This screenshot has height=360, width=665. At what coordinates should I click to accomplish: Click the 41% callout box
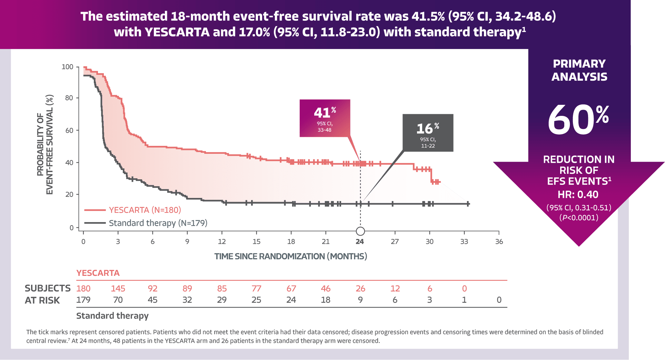(x=325, y=118)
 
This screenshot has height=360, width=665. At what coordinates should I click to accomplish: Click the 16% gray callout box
(x=428, y=132)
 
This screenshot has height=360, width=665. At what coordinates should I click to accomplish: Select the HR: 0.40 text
(x=578, y=194)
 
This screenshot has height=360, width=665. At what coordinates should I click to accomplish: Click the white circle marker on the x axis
(x=360, y=231)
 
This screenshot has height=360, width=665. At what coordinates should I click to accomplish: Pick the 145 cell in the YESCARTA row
(x=118, y=289)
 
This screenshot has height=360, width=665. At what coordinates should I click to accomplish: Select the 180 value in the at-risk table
(x=83, y=289)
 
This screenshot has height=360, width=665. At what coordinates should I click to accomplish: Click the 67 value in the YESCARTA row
(x=291, y=289)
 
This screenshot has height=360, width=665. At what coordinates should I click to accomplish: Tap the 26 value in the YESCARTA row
(x=360, y=289)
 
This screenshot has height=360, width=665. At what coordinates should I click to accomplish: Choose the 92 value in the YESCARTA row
(x=152, y=289)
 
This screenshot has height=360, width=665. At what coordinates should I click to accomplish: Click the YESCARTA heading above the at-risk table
(x=98, y=273)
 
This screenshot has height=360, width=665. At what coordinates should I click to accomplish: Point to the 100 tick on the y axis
(x=67, y=67)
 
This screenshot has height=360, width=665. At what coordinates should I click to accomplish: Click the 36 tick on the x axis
(x=499, y=242)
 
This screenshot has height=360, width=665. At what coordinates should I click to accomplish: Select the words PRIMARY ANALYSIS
(x=579, y=70)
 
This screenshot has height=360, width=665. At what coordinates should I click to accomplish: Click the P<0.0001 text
(x=579, y=218)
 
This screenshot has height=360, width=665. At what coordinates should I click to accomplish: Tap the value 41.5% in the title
(x=428, y=16)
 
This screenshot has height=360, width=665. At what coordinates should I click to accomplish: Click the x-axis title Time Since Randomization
(x=291, y=256)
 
